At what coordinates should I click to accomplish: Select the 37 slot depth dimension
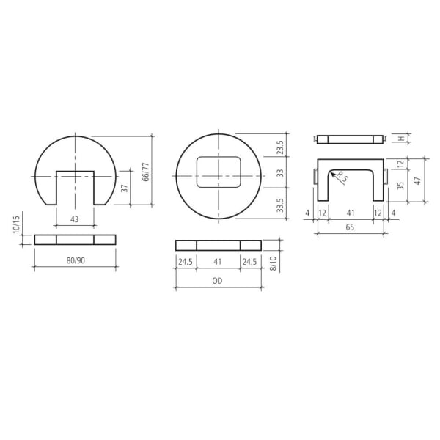125,188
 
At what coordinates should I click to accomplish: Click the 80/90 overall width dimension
75,259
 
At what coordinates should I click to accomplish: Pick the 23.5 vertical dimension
279,147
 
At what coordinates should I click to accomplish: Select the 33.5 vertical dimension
279,205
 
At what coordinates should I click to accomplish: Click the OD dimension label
218,280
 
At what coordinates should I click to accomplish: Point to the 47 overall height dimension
417,180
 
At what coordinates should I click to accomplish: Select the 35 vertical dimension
400,186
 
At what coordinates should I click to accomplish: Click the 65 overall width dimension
350,228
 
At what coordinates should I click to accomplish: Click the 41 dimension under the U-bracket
350,213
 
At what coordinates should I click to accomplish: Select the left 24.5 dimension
186,260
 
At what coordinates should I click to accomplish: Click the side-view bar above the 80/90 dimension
75,239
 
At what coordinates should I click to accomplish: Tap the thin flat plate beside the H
350,139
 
